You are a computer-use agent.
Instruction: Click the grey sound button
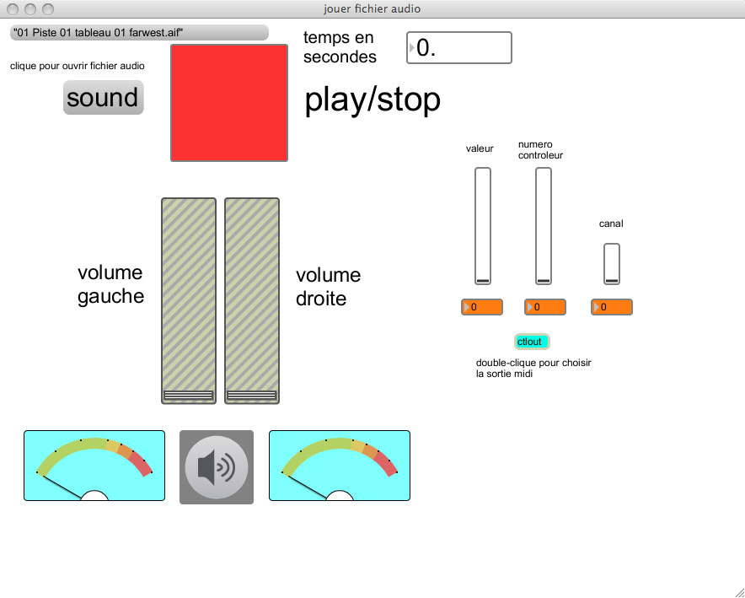(103, 98)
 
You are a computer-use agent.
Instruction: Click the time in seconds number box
(459, 47)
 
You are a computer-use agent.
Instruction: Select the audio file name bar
(139, 32)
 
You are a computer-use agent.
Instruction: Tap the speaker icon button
(217, 466)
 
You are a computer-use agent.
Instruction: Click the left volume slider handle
(189, 395)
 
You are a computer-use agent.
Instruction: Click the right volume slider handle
(252, 395)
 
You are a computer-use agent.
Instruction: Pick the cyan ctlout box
(532, 342)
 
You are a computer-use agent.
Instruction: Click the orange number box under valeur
(482, 307)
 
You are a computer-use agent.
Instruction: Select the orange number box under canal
(612, 307)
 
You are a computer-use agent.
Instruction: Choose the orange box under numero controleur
(545, 307)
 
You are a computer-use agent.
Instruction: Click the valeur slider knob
(483, 281)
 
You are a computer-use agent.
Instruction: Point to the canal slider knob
(612, 281)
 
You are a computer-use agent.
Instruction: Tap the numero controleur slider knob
(544, 281)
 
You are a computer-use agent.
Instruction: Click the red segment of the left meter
(142, 464)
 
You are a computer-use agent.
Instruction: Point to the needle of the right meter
(305, 486)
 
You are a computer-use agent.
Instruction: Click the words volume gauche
(110, 284)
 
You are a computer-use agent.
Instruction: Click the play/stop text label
(372, 100)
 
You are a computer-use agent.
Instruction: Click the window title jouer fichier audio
(372, 8)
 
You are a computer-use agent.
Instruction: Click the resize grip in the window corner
(739, 592)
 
